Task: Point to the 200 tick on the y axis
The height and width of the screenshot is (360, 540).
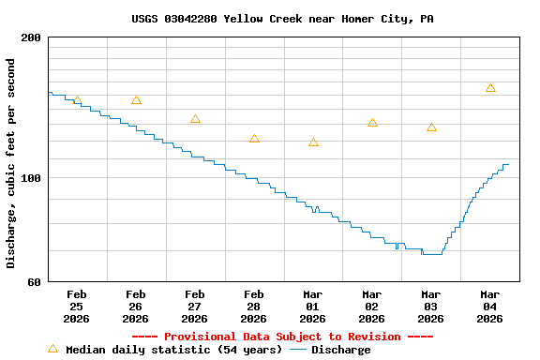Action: click(x=31, y=37)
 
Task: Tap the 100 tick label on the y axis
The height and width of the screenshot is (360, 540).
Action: click(x=31, y=178)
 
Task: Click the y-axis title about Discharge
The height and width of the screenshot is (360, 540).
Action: click(x=11, y=163)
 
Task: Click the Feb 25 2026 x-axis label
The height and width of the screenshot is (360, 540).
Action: click(x=77, y=307)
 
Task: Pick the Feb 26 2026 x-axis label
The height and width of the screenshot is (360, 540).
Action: click(x=136, y=307)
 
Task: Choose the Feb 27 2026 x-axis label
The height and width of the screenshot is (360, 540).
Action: click(x=195, y=307)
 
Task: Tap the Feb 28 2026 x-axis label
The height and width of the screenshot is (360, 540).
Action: click(x=254, y=307)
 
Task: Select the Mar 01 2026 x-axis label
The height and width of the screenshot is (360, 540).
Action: click(x=313, y=307)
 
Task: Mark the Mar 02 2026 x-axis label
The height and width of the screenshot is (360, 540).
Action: click(x=372, y=307)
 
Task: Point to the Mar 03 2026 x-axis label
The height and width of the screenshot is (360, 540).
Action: click(x=431, y=307)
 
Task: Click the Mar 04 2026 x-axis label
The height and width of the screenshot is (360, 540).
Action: click(x=490, y=307)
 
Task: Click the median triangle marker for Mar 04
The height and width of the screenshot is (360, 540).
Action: click(x=490, y=88)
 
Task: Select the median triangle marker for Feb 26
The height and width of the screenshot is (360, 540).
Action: click(x=136, y=100)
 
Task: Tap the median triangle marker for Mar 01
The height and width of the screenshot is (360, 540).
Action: click(x=313, y=142)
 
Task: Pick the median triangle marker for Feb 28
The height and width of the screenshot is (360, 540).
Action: click(x=254, y=139)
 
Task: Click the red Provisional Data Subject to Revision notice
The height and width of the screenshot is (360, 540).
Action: click(x=282, y=337)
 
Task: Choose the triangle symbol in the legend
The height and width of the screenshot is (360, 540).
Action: click(x=52, y=349)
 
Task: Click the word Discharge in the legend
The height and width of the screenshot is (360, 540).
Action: click(x=340, y=350)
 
